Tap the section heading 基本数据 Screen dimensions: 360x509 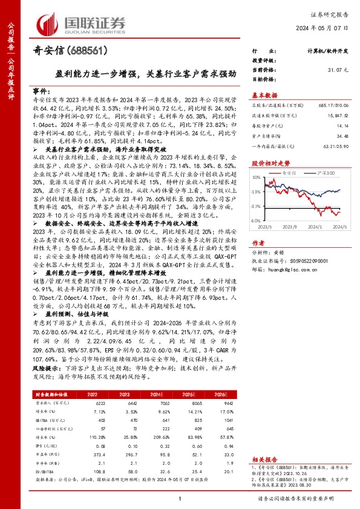tap(264, 95)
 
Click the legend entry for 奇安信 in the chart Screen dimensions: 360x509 tap(295, 173)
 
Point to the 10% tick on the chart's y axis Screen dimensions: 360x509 tap(257, 178)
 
